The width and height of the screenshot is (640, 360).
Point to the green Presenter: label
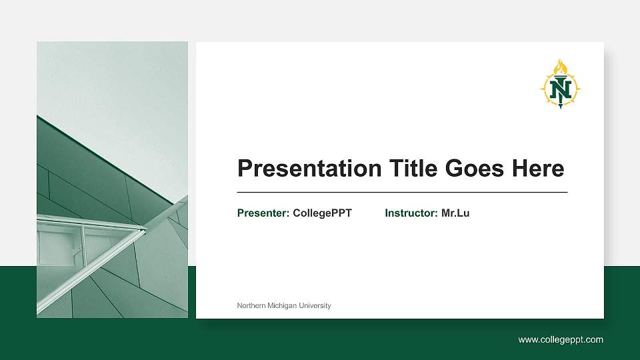tap(263, 213)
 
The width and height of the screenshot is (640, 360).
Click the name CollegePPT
tap(322, 213)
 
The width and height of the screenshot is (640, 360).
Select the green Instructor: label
tap(411, 213)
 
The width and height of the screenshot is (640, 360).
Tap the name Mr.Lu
tap(455, 213)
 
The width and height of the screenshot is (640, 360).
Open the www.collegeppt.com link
tap(561, 340)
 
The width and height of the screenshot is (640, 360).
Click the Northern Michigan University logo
tap(560, 85)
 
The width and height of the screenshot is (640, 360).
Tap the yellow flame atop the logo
tap(561, 67)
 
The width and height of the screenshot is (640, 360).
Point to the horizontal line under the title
tap(402, 192)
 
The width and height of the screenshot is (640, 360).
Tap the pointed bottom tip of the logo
tap(561, 107)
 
